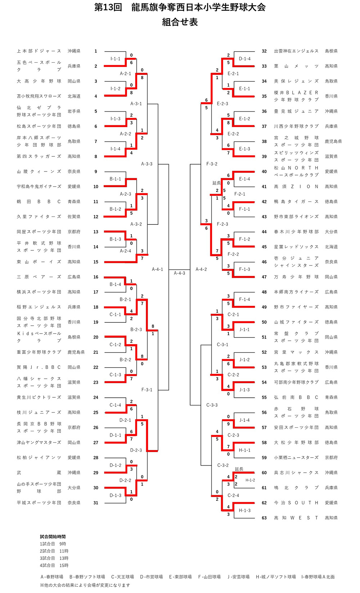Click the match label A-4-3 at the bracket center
pyautogui.click(x=179, y=273)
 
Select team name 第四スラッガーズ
pyautogui.click(x=39, y=156)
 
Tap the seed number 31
pyautogui.click(x=96, y=503)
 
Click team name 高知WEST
pyautogui.click(x=296, y=518)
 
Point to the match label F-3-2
pyautogui.click(x=212, y=164)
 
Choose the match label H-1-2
pyautogui.click(x=250, y=480)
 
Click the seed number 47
pyautogui.click(x=264, y=277)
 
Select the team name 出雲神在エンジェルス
pyautogui.click(x=296, y=51)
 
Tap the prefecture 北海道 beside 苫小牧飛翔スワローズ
pyautogui.click(x=74, y=96)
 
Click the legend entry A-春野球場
pyautogui.click(x=52, y=577)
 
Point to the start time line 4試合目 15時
pyautogui.click(x=54, y=566)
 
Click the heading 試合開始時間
pyautogui.click(x=53, y=536)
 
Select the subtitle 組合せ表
pyautogui.click(x=180, y=22)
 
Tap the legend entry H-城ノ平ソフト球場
pyautogui.click(x=276, y=577)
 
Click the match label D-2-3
pyautogui.click(x=136, y=450)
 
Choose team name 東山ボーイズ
pyautogui.click(x=39, y=262)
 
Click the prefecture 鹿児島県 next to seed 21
pyautogui.click(x=76, y=352)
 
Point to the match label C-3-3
pyautogui.click(x=212, y=405)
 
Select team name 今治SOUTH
pyautogui.click(x=296, y=503)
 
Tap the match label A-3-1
pyautogui.click(x=136, y=104)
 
